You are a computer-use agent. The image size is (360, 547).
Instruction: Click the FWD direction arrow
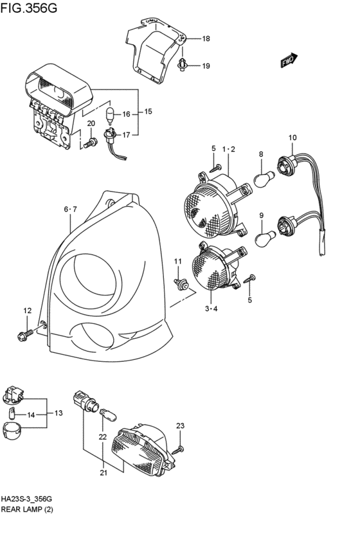click(x=289, y=60)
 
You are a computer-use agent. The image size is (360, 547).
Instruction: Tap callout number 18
click(x=206, y=39)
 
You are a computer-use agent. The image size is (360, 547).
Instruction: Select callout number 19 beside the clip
click(x=206, y=66)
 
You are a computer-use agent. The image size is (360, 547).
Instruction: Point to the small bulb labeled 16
click(x=111, y=114)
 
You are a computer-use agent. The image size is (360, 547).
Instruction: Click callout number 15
click(x=148, y=112)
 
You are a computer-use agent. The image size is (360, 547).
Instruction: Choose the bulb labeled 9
click(x=265, y=239)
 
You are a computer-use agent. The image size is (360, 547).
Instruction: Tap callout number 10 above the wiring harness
click(x=292, y=138)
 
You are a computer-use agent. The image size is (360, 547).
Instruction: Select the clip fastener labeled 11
click(x=181, y=284)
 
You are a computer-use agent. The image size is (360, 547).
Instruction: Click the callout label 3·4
click(x=211, y=309)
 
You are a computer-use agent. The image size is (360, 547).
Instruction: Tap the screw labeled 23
click(x=180, y=449)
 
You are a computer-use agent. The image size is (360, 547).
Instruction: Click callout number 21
click(x=104, y=473)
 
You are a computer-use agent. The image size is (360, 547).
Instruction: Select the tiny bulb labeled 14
click(x=12, y=414)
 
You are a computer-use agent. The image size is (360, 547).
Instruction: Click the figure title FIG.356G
click(x=28, y=8)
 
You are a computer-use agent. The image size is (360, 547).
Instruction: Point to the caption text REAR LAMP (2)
click(x=27, y=509)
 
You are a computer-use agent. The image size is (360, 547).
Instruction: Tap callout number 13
click(x=59, y=413)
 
